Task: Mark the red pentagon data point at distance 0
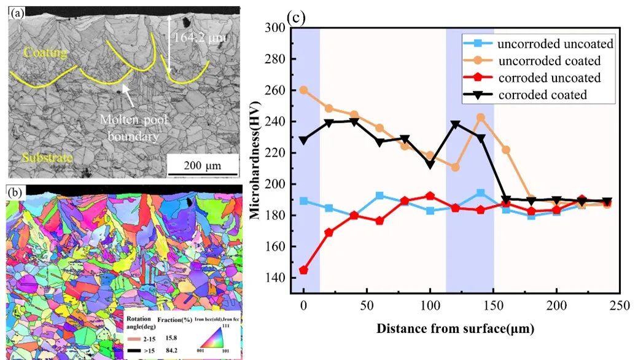pyautogui.click(x=303, y=270)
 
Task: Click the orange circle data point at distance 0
pyautogui.click(x=303, y=90)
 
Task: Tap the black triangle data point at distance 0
pyautogui.click(x=303, y=141)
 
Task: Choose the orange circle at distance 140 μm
pyautogui.click(x=481, y=117)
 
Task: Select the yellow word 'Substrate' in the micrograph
pyautogui.click(x=47, y=158)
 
